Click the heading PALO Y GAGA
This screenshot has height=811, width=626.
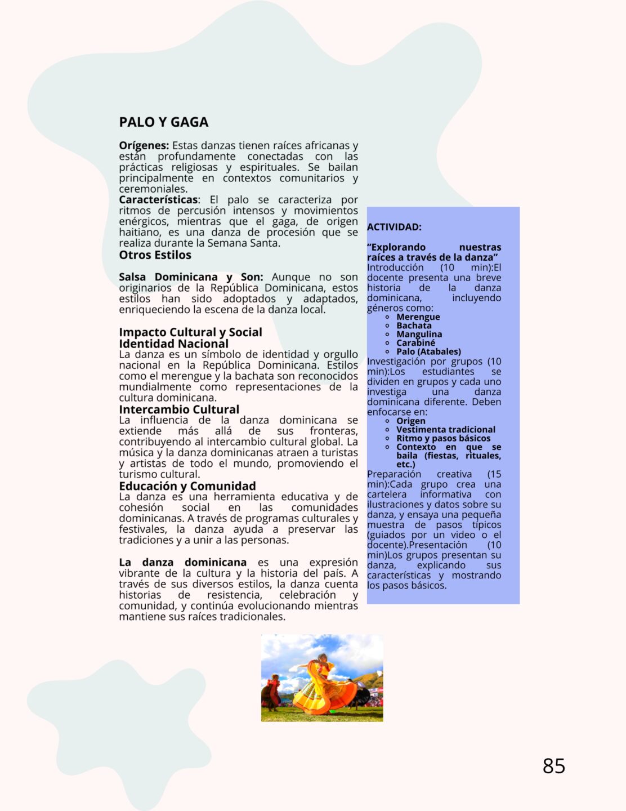pyautogui.click(x=163, y=122)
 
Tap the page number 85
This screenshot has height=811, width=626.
pyautogui.click(x=553, y=766)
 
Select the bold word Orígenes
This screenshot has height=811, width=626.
pyautogui.click(x=144, y=146)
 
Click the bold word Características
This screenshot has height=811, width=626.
pyautogui.click(x=158, y=200)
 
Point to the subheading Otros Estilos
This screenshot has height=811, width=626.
pyautogui.click(x=155, y=255)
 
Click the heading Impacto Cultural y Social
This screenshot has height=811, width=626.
pyautogui.click(x=190, y=332)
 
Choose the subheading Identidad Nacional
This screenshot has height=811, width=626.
pyautogui.click(x=173, y=344)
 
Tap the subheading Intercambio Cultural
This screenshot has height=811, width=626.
pyautogui.click(x=179, y=409)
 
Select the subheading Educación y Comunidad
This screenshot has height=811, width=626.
pyautogui.click(x=187, y=486)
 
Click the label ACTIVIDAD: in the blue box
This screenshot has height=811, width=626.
pyautogui.click(x=394, y=228)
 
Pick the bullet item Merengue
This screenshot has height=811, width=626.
pyautogui.click(x=418, y=317)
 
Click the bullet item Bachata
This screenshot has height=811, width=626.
pyautogui.click(x=414, y=326)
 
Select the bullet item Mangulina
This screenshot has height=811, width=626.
pyautogui.click(x=419, y=335)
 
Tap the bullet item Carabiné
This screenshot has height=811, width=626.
pyautogui.click(x=415, y=343)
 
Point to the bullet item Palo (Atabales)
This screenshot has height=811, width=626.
pyautogui.click(x=428, y=352)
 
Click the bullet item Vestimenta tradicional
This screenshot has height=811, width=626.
pyautogui.click(x=445, y=430)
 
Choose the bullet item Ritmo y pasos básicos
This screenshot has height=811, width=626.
pyautogui.click(x=443, y=439)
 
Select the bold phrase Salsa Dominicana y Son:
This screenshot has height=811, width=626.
pyautogui.click(x=191, y=277)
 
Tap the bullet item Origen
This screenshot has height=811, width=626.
pyautogui.click(x=410, y=421)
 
